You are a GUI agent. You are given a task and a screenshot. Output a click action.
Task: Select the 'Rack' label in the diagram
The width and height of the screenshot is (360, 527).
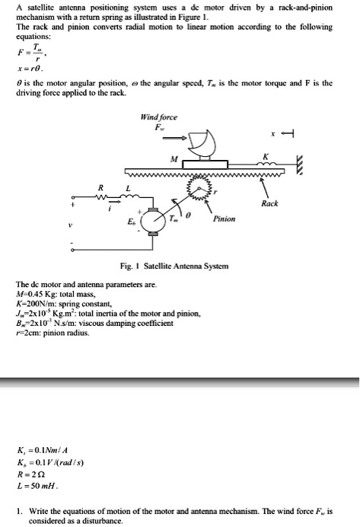click(x=269, y=203)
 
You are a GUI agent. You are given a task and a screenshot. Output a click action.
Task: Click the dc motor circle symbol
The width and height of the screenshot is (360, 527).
click(x=159, y=221)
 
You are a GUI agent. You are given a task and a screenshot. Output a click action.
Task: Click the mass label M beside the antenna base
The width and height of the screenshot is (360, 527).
click(x=174, y=160)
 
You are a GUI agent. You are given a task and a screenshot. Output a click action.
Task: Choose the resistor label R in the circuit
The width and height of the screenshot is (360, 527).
click(x=99, y=186)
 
